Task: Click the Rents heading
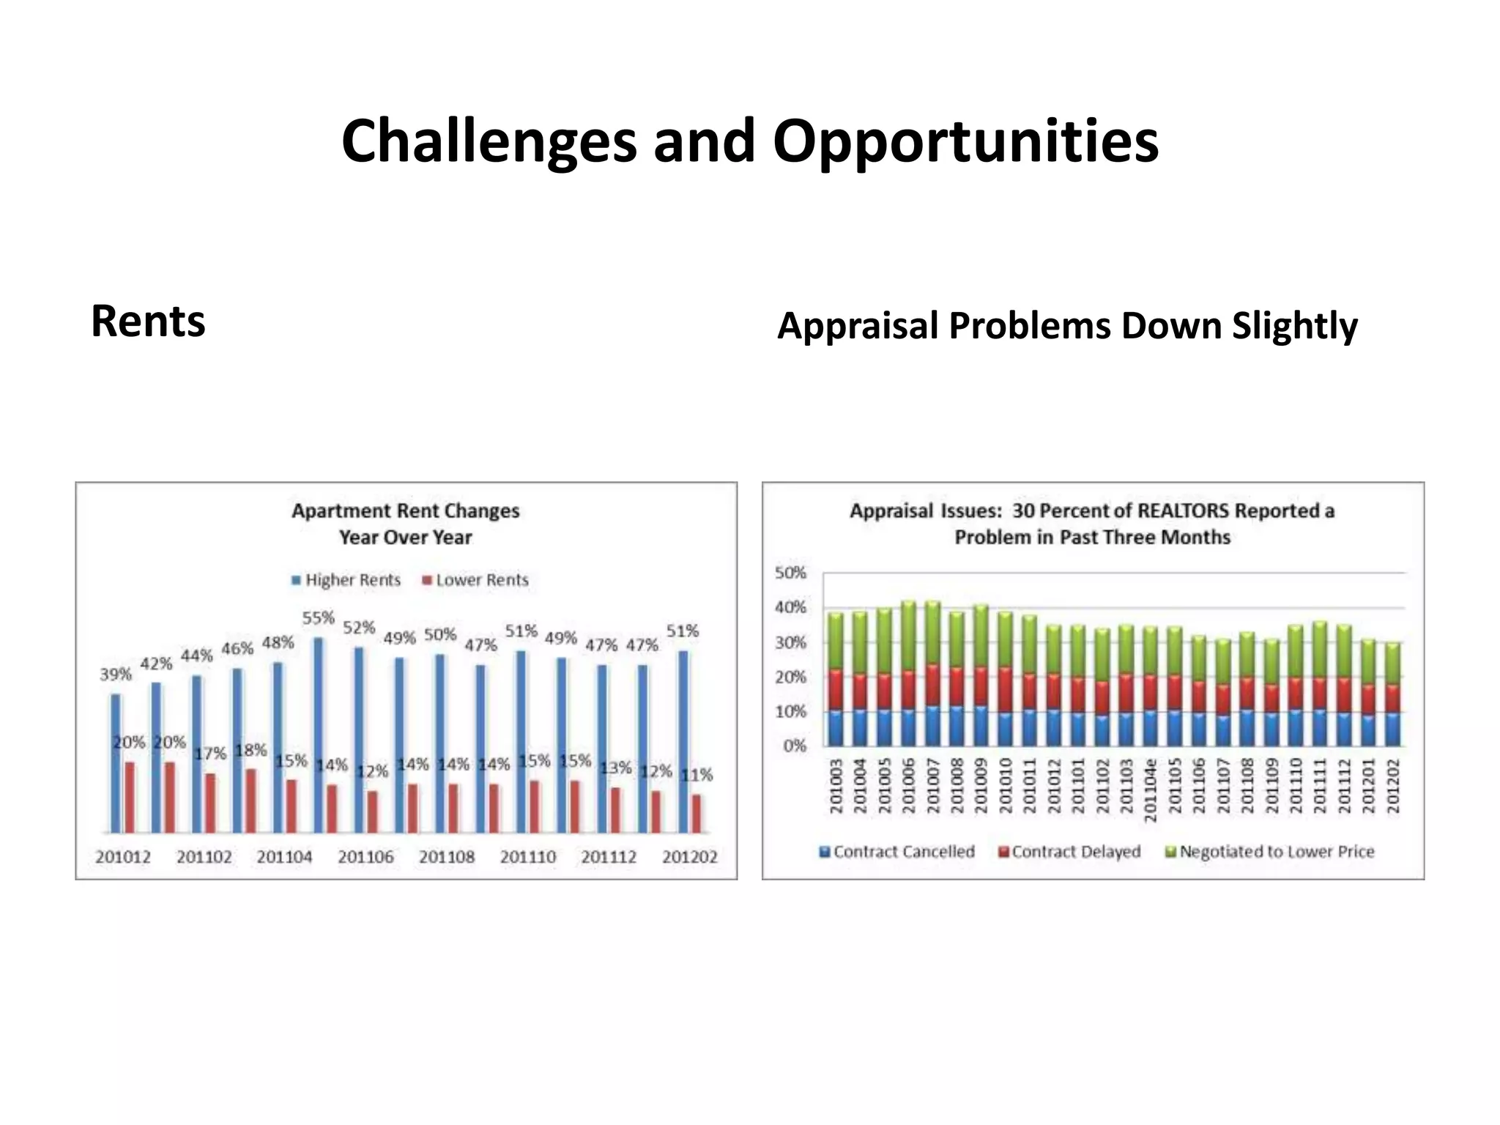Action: pyautogui.click(x=148, y=322)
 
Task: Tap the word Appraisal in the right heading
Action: pyautogui.click(x=858, y=326)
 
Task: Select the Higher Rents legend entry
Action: pyautogui.click(x=346, y=580)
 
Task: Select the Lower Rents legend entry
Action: pyautogui.click(x=475, y=580)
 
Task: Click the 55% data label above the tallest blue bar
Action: pyautogui.click(x=319, y=618)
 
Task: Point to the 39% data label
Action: pyautogui.click(x=116, y=674)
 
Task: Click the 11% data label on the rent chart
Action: pyautogui.click(x=697, y=774)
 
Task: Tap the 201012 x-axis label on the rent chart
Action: pyautogui.click(x=123, y=857)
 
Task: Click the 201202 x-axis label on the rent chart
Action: pyautogui.click(x=689, y=857)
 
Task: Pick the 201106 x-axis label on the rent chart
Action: pyautogui.click(x=365, y=857)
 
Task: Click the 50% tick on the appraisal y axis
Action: pyautogui.click(x=790, y=573)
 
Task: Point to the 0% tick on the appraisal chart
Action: pyautogui.click(x=794, y=746)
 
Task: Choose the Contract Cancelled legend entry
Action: pyautogui.click(x=897, y=852)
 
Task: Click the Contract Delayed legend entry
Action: pyautogui.click(x=1070, y=852)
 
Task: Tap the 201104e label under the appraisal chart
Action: pyautogui.click(x=1151, y=790)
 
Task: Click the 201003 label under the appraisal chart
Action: pyautogui.click(x=836, y=786)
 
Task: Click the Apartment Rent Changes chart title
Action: pyautogui.click(x=406, y=510)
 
